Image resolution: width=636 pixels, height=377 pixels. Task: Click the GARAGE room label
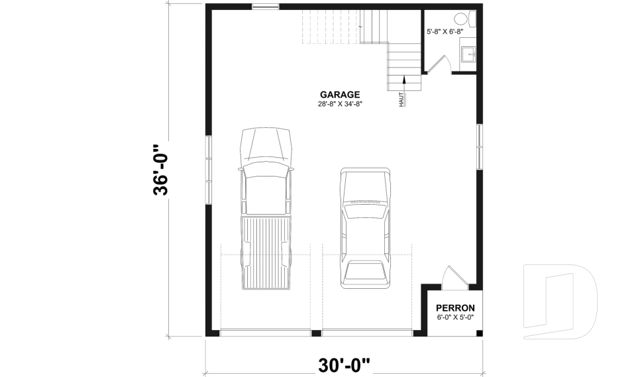coord(339,95)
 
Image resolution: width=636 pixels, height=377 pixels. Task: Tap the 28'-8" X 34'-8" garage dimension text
coord(339,104)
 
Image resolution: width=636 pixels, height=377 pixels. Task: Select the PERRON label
coord(455,308)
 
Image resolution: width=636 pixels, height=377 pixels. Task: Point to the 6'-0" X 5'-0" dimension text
coord(455,317)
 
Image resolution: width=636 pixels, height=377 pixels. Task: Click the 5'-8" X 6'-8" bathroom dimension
coord(445,31)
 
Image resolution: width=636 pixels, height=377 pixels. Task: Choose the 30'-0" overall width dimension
coord(344,365)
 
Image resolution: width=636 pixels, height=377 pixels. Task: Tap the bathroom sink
coord(469,54)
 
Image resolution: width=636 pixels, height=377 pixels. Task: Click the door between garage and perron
coord(454,278)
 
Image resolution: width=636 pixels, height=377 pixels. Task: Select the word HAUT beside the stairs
coord(401,100)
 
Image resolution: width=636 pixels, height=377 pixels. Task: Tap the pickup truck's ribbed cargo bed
coord(266,252)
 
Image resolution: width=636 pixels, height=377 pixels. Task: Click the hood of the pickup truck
coord(266,144)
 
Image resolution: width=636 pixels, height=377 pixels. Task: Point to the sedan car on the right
coord(366,228)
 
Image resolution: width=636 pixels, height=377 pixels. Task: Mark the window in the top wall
coord(266,6)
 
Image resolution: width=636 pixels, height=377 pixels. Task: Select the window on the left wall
coord(209,169)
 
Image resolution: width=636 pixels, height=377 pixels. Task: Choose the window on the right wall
coord(480,146)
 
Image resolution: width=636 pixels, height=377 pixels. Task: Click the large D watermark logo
coord(560,301)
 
